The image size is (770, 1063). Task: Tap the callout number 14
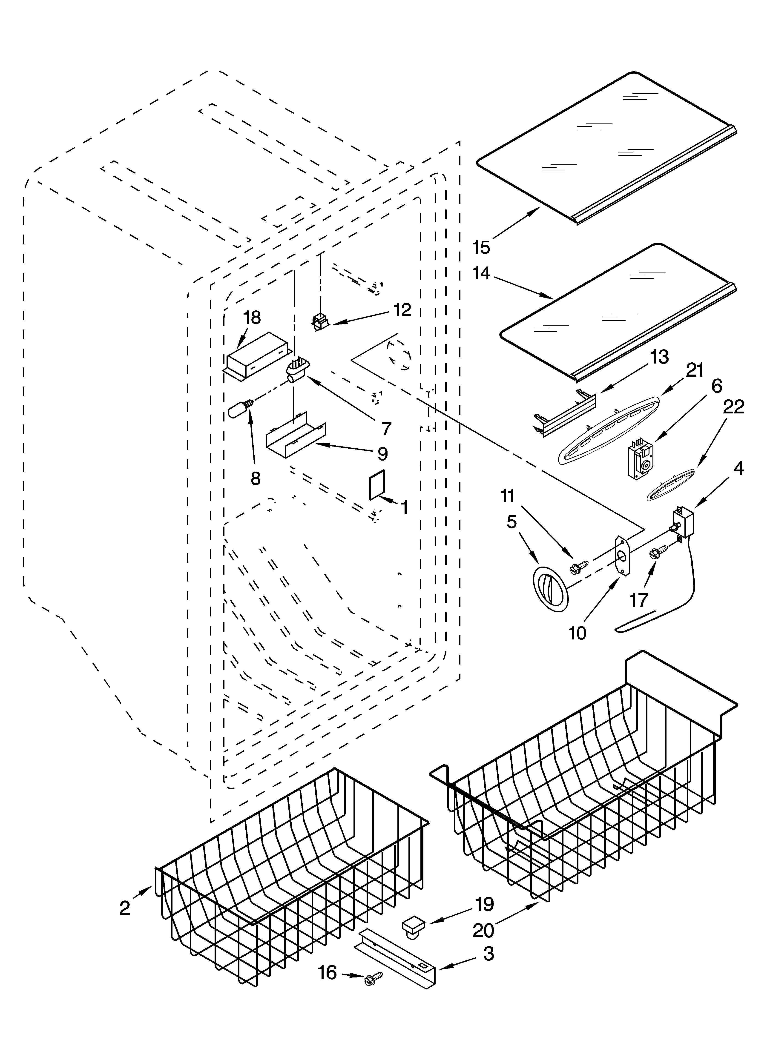point(482,273)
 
